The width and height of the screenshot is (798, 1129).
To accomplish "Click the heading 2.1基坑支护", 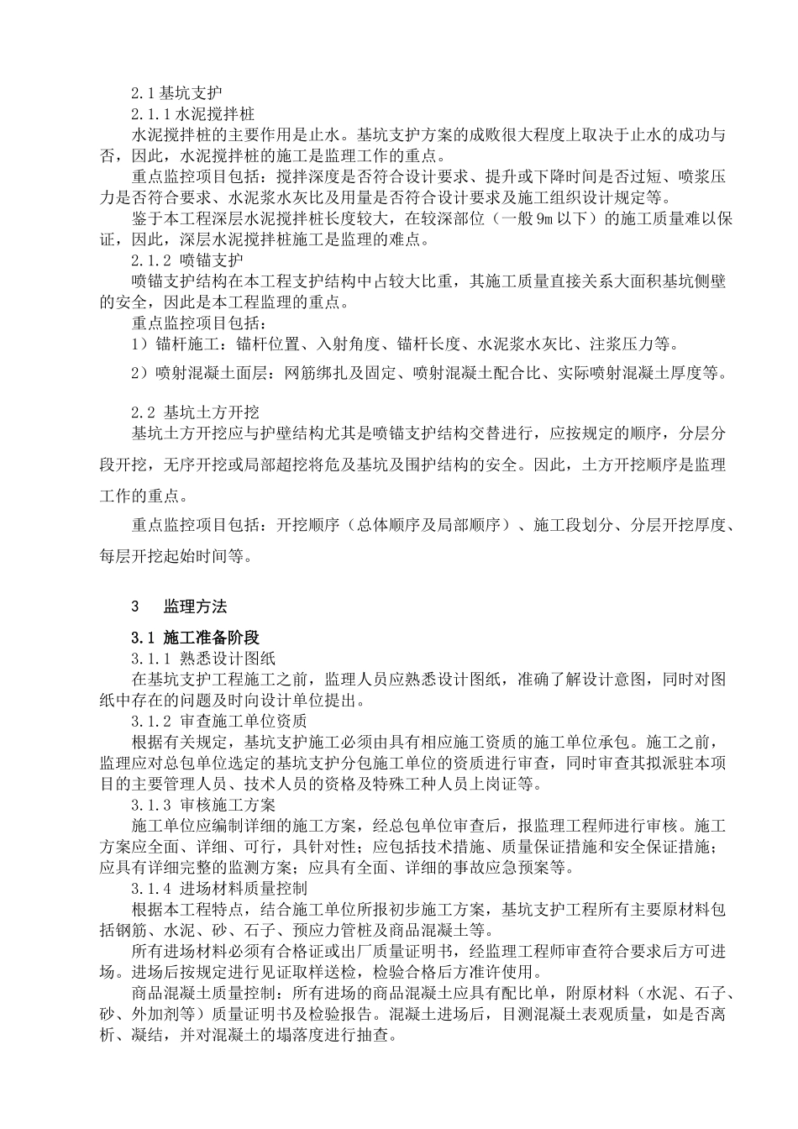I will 176,92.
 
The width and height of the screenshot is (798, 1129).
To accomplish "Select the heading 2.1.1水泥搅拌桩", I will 193,113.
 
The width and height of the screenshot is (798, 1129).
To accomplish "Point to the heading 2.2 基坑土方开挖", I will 196,412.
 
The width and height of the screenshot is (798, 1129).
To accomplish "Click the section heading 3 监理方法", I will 179,607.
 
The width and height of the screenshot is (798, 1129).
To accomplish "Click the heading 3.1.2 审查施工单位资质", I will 219,721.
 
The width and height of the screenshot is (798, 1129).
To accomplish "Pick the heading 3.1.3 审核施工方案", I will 203,804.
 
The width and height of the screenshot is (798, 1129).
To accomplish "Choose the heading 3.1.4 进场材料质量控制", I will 219,887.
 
